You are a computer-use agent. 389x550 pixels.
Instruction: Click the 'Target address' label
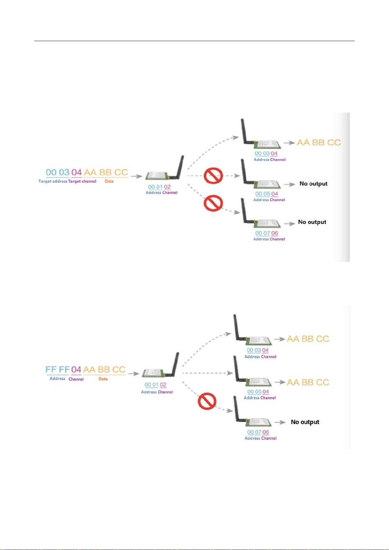(x=53, y=181)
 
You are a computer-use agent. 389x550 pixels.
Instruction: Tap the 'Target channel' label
(x=82, y=181)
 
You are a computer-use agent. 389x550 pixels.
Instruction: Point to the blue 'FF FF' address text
(x=58, y=370)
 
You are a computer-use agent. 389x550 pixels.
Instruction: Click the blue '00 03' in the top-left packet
(x=58, y=172)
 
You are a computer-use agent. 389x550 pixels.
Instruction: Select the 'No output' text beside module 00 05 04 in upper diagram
(x=313, y=184)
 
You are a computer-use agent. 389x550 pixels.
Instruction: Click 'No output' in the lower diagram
(x=305, y=422)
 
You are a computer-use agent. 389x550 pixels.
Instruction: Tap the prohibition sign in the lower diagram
(x=207, y=401)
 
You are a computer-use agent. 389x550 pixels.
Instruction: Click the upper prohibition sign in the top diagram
(x=213, y=176)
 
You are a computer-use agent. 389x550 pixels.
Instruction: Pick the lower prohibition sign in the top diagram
(x=213, y=203)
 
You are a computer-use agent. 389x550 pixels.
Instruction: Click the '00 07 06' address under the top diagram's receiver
(x=267, y=233)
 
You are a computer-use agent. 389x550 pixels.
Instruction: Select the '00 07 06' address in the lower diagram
(x=258, y=432)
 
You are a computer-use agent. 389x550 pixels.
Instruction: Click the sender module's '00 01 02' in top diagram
(x=159, y=187)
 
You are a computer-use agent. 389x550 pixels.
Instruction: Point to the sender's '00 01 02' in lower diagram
(x=155, y=385)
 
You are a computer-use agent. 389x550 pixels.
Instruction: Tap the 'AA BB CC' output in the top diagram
(x=319, y=143)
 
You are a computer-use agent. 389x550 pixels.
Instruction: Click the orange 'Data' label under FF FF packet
(x=103, y=379)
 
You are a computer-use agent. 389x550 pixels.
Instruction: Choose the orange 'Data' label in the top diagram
(x=109, y=181)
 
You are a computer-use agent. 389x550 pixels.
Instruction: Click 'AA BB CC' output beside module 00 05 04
(x=308, y=382)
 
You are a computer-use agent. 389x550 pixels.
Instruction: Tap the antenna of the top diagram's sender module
(x=180, y=167)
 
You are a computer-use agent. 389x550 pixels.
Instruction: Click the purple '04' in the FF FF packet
(x=76, y=370)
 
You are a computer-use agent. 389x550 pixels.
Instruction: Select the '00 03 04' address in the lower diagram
(x=257, y=350)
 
